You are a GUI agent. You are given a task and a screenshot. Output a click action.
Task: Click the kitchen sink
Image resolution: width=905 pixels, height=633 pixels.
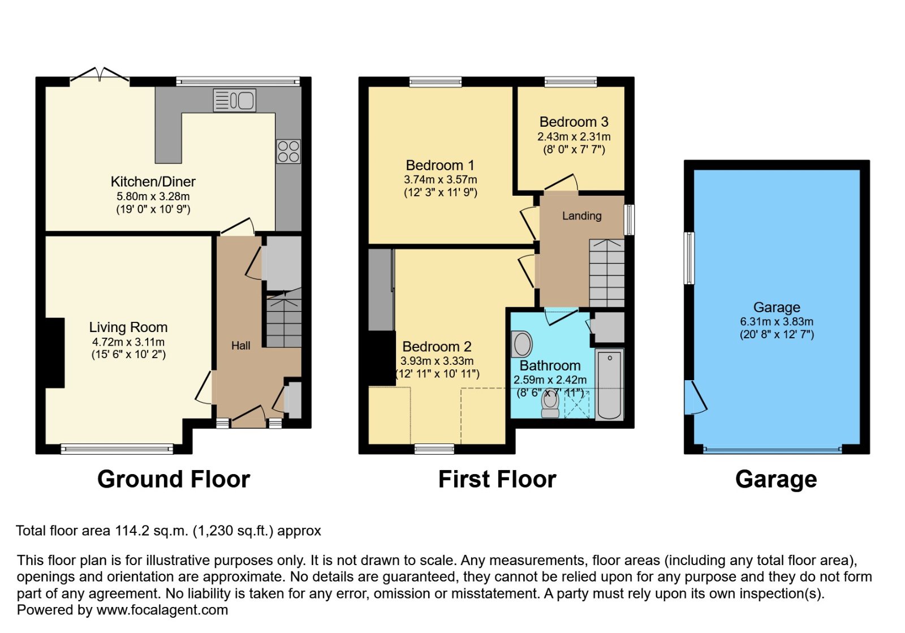tap(235, 100)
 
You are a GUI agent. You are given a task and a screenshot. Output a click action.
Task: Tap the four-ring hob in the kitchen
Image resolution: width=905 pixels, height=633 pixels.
tap(288, 151)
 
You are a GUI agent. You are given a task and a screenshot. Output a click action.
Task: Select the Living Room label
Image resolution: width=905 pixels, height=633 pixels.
tap(128, 327)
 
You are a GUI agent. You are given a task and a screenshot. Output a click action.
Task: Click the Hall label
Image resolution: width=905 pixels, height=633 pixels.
tap(241, 346)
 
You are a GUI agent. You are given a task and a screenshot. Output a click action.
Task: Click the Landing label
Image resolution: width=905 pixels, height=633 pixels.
tap(582, 216)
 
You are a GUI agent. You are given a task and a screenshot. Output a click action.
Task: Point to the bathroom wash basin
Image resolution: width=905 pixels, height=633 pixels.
tap(522, 345)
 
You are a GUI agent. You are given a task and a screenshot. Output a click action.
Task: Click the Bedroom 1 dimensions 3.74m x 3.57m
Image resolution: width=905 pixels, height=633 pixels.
tap(441, 179)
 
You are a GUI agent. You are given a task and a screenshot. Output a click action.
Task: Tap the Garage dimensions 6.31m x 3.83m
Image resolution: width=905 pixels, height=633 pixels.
tap(777, 321)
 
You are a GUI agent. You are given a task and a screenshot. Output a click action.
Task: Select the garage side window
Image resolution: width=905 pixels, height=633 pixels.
tap(689, 258)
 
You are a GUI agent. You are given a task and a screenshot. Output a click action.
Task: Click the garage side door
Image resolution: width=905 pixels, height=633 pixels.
tap(696, 398)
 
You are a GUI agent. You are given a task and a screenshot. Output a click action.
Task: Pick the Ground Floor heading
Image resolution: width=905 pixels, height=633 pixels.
tap(174, 480)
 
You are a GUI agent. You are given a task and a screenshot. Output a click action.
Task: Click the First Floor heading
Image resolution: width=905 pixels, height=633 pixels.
tap(497, 480)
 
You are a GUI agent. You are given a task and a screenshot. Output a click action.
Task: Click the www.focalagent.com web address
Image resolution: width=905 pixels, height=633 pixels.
tap(162, 610)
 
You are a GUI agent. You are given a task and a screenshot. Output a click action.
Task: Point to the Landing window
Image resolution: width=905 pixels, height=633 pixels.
tap(629, 219)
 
